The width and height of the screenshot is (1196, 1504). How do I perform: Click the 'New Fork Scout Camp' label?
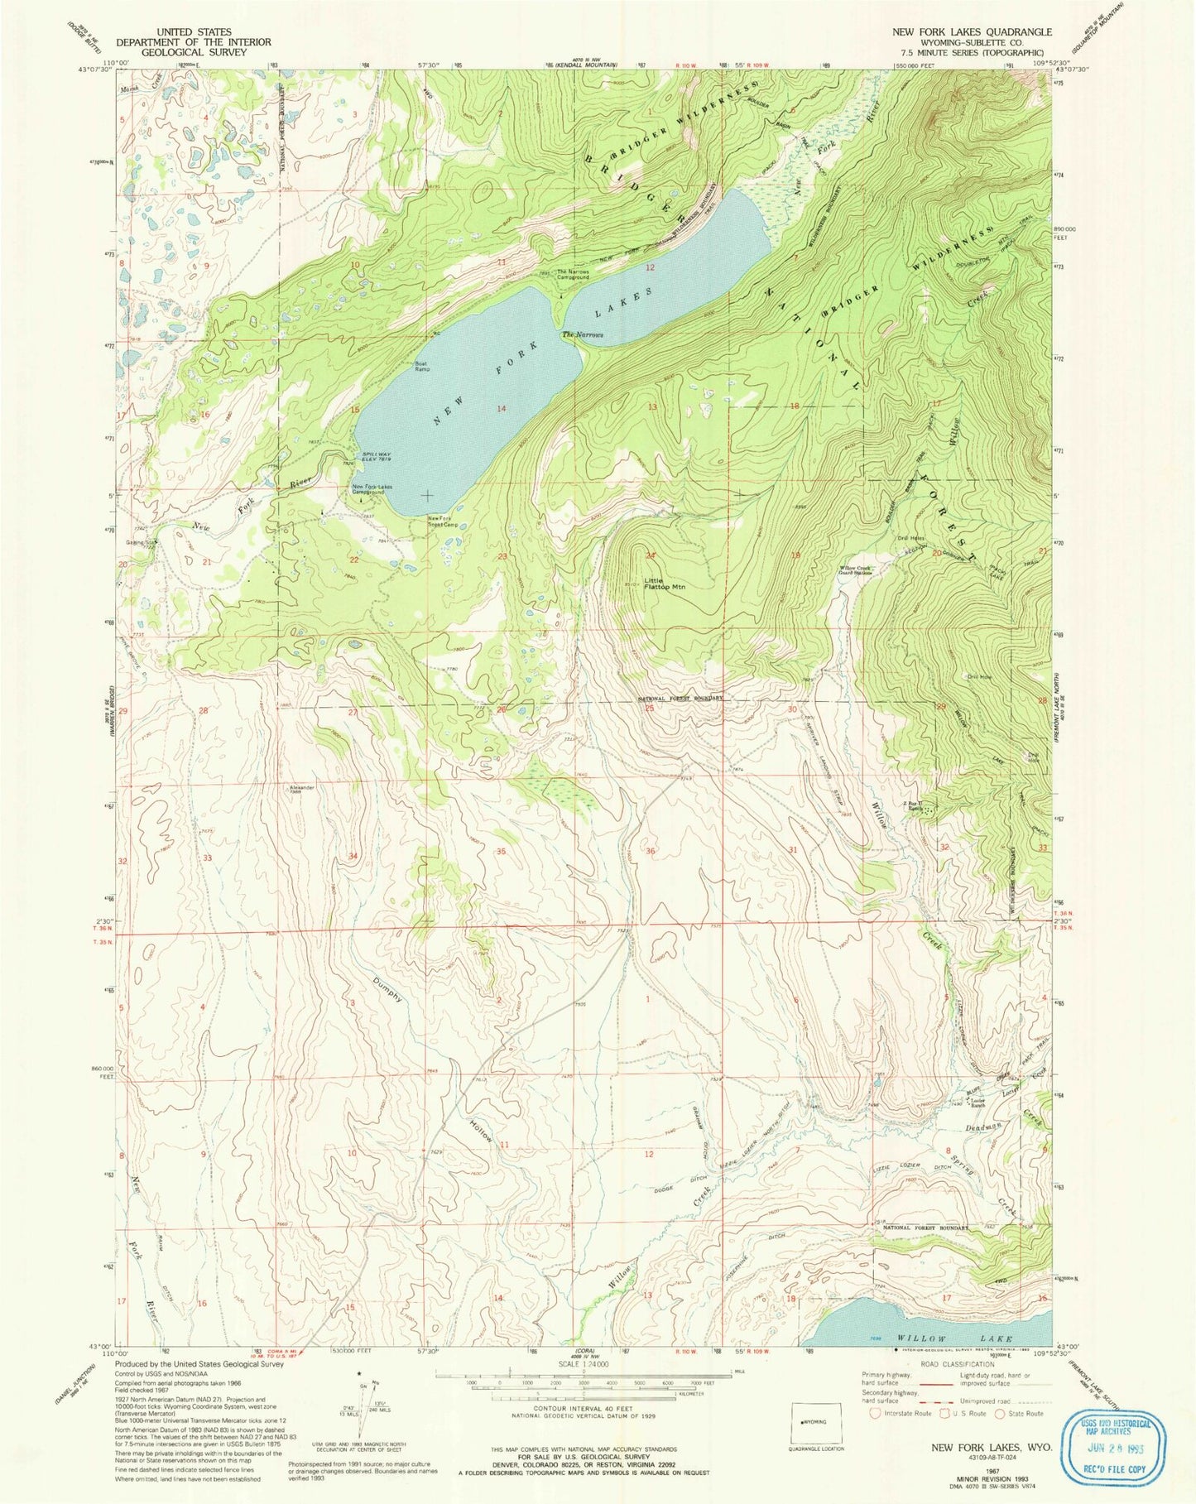tap(443, 522)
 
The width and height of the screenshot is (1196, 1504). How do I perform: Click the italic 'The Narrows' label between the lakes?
tap(583, 335)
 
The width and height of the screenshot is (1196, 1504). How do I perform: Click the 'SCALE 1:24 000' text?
tap(584, 1363)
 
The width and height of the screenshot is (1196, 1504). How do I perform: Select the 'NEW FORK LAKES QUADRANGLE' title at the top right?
tap(972, 31)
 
